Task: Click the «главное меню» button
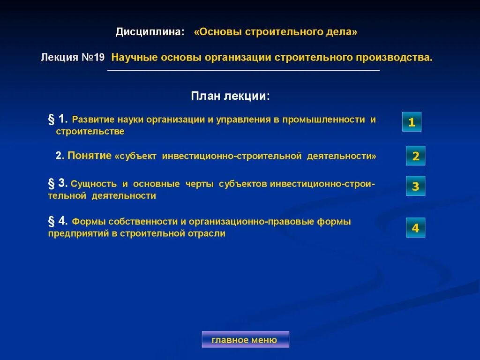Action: click(x=245, y=339)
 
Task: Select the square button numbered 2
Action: click(x=415, y=156)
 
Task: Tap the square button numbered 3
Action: click(x=415, y=186)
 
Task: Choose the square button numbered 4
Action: click(x=415, y=228)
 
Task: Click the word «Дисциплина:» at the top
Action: click(x=150, y=32)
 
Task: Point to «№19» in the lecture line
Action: click(x=92, y=57)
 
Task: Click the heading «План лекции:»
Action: click(x=230, y=96)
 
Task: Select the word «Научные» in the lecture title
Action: click(x=134, y=57)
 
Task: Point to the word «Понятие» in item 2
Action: click(x=90, y=156)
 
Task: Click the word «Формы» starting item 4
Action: click(x=86, y=221)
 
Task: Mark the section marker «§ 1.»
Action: click(x=58, y=119)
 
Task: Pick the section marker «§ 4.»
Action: click(x=58, y=221)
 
